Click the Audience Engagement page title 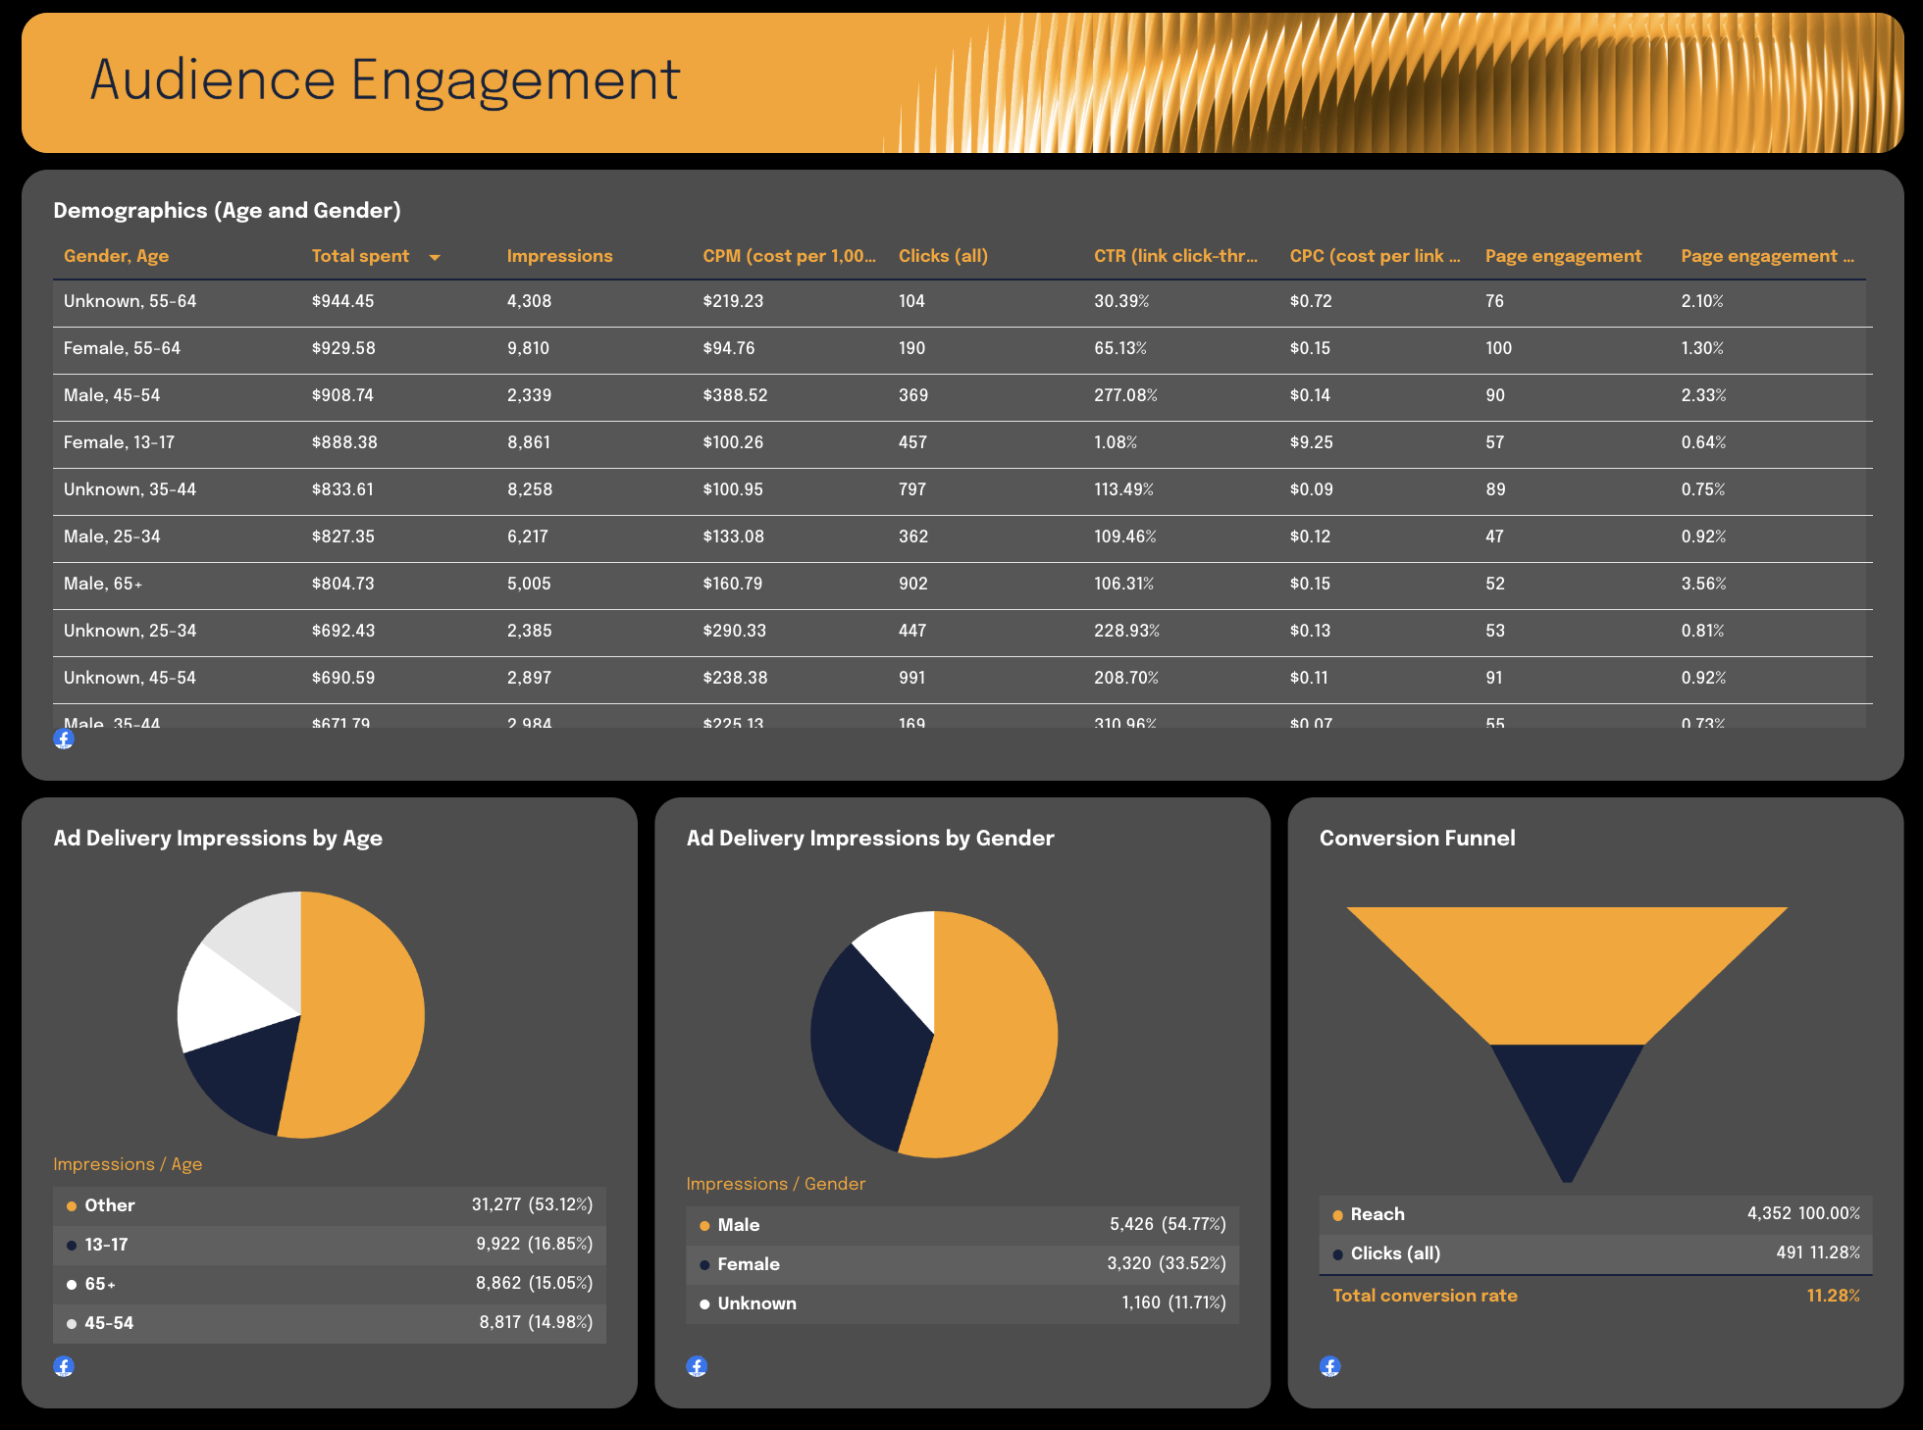(385, 80)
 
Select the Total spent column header (360, 256)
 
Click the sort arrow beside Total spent (435, 257)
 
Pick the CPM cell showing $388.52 (735, 395)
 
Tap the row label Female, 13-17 (119, 442)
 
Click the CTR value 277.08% (1125, 395)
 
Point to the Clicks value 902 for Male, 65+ (912, 584)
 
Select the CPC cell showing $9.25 (1311, 442)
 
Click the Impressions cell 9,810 (528, 348)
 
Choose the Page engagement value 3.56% (1703, 584)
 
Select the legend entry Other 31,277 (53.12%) (330, 1205)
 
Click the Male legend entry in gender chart (962, 1225)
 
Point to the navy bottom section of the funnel (1567, 1098)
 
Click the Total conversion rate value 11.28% (1833, 1296)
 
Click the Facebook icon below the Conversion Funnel (1330, 1366)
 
